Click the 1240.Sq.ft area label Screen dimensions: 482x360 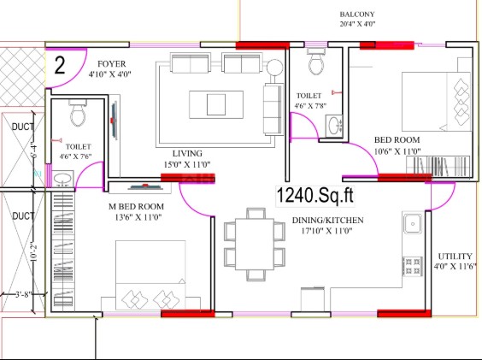coord(315,195)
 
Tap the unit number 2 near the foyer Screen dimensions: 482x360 coord(60,65)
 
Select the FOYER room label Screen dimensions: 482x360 coord(112,64)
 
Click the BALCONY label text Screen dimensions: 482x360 coord(357,15)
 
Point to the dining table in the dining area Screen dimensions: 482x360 coord(255,244)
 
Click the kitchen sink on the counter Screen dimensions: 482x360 coord(413,223)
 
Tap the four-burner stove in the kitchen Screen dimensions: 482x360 coord(413,266)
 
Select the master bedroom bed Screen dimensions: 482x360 coord(150,275)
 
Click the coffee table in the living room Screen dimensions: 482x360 coord(216,104)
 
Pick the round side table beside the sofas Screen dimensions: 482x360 coord(274,68)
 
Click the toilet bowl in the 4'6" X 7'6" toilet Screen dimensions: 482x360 coord(78,114)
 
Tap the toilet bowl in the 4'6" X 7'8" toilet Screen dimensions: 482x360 coord(316,63)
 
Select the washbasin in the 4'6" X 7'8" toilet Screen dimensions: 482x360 coord(334,125)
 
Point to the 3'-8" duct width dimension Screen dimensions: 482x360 coord(24,294)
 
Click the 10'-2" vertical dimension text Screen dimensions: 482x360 coord(34,252)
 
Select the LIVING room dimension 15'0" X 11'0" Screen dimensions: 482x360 coord(187,165)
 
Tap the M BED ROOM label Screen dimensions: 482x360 coord(137,206)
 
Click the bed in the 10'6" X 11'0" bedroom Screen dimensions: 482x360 coord(437,102)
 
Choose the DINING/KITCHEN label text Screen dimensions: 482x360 coord(327,221)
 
